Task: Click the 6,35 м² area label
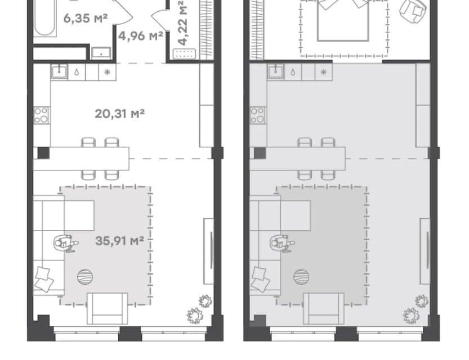tap(85, 18)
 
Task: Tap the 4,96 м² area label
tap(141, 36)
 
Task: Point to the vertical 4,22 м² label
tap(182, 22)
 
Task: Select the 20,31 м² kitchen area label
tap(119, 114)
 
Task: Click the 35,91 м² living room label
tap(119, 241)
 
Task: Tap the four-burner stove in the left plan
tap(41, 115)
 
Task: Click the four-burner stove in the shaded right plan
tap(257, 115)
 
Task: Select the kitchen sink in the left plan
tap(59, 71)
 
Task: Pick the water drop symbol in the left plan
tap(77, 72)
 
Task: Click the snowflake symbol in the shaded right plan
tap(323, 72)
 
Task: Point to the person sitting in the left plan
tap(65, 243)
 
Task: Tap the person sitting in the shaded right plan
tap(282, 243)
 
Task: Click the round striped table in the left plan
tap(85, 277)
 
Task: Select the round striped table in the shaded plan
tap(301, 277)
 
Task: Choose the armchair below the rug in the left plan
tap(108, 309)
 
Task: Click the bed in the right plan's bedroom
tap(343, 20)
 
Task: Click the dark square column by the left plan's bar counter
tap(43, 153)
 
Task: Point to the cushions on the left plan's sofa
tap(44, 279)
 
